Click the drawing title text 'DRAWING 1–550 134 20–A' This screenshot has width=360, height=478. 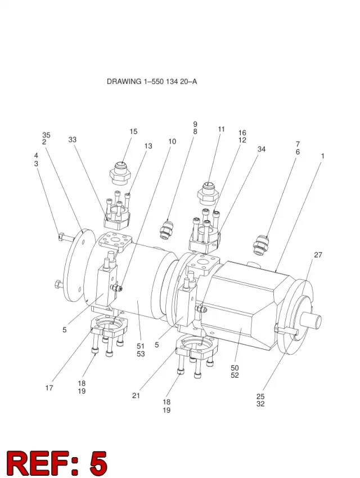pyautogui.click(x=152, y=82)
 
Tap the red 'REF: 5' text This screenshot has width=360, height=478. pyautogui.click(x=57, y=463)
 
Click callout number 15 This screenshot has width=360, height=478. pyautogui.click(x=133, y=131)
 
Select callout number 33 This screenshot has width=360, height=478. pyautogui.click(x=72, y=140)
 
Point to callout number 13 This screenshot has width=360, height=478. pyautogui.click(x=148, y=146)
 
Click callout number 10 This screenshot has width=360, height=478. pyautogui.click(x=172, y=141)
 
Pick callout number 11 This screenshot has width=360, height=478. pyautogui.click(x=221, y=129)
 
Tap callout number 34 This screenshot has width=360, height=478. pyautogui.click(x=262, y=149)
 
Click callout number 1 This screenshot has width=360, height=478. pyautogui.click(x=322, y=156)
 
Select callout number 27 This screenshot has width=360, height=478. pyautogui.click(x=318, y=255)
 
